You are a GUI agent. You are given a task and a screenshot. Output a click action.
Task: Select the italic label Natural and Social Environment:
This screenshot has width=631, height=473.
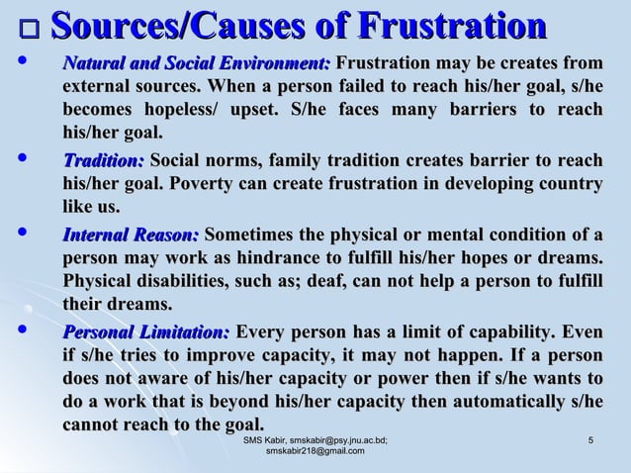pyautogui.click(x=197, y=65)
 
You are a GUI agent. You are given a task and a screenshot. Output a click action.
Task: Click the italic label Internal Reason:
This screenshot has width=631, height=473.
pyautogui.click(x=131, y=235)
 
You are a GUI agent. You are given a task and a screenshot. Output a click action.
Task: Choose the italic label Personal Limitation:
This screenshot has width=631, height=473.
pyautogui.click(x=146, y=331)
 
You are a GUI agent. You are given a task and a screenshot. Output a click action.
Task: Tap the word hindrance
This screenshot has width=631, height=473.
pyautogui.click(x=293, y=258)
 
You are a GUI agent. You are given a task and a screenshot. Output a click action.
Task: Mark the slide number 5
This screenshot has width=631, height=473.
pyautogui.click(x=589, y=439)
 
